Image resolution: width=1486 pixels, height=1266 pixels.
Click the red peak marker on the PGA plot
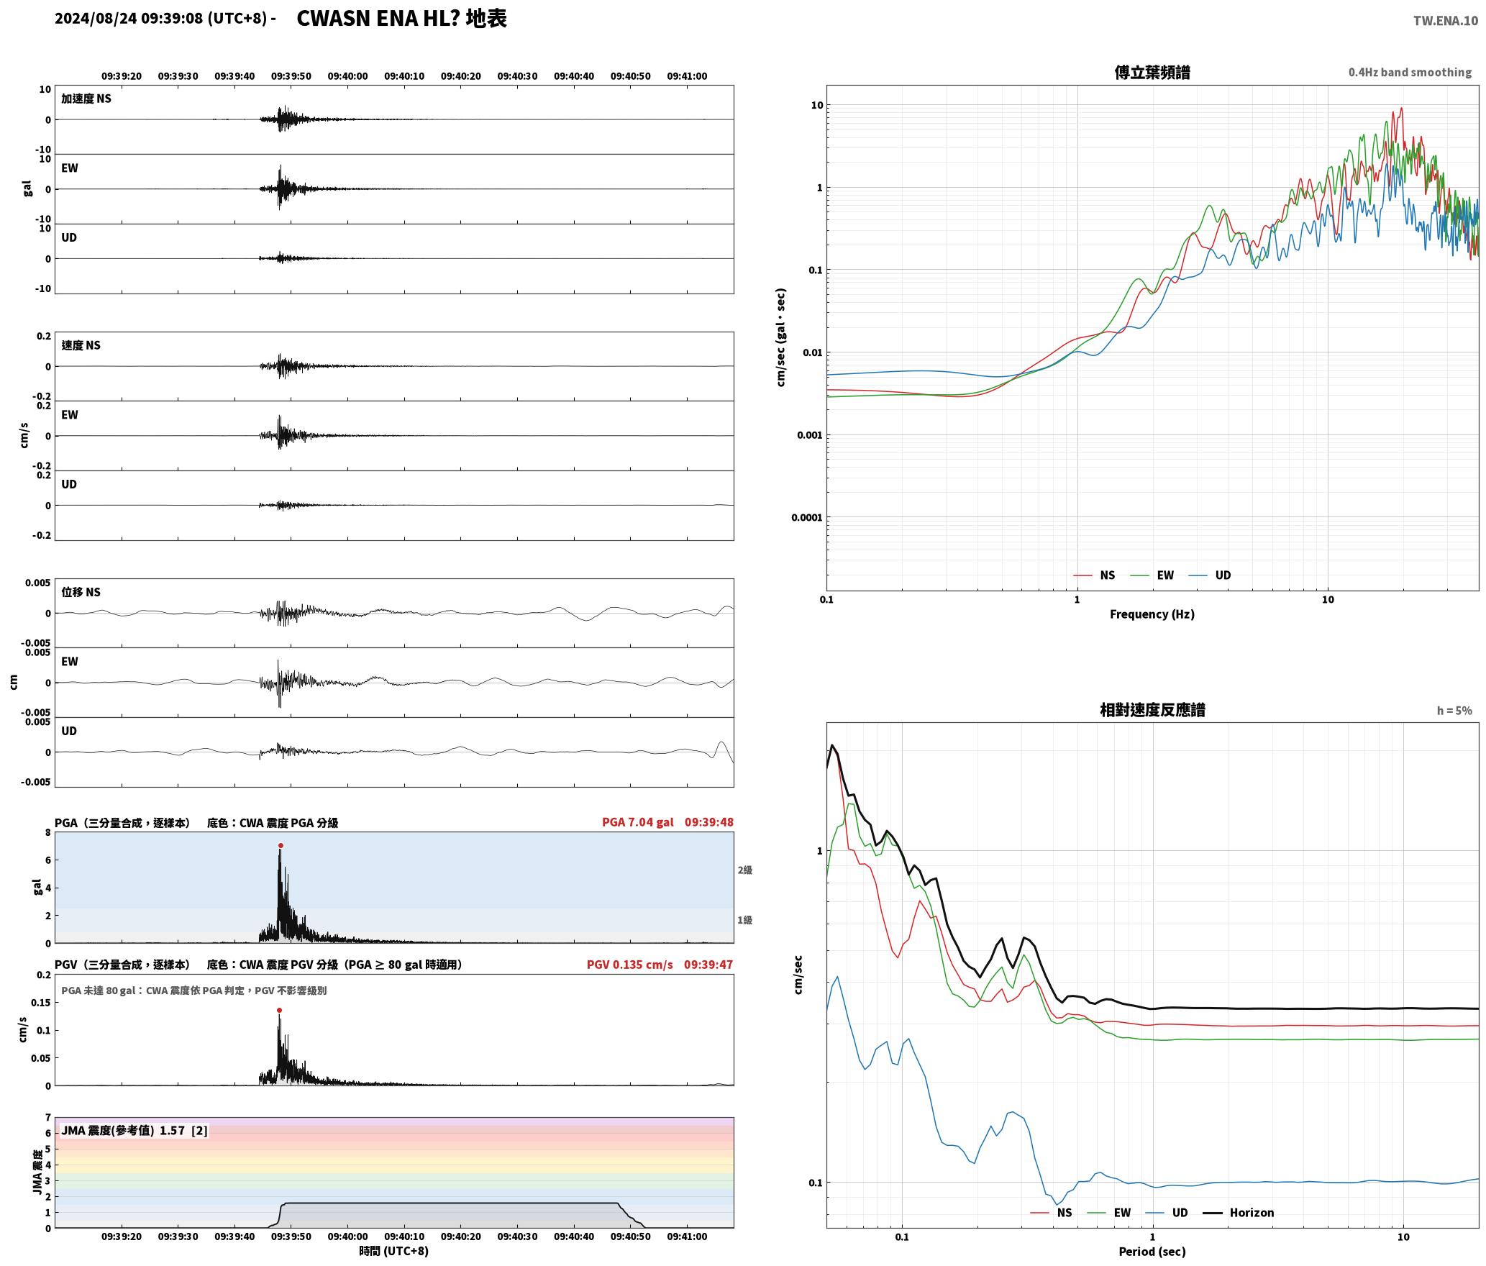(281, 845)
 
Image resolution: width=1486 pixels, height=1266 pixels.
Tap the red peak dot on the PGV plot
(279, 1010)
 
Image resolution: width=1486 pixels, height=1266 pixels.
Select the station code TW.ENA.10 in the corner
(1446, 21)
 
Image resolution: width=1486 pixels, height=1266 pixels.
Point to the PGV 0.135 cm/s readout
(629, 965)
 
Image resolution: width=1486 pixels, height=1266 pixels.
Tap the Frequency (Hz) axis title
(1152, 614)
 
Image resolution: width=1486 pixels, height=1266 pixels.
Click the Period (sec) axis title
(1152, 1252)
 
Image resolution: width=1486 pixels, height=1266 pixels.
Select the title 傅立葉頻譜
(1152, 72)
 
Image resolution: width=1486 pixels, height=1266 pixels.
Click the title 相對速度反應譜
(1152, 710)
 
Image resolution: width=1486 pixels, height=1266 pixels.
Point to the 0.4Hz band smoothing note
(1410, 72)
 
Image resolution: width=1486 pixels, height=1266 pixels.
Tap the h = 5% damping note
(1454, 711)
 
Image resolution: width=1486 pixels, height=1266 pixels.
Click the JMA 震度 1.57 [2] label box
(135, 1130)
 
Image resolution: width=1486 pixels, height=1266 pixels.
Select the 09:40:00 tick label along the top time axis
(347, 76)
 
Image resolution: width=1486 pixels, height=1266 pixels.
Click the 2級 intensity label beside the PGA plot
(744, 870)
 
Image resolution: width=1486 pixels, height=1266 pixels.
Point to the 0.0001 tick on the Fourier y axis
(806, 517)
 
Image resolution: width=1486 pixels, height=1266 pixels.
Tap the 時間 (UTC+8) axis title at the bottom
(393, 1251)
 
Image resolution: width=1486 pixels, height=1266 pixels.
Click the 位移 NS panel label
(81, 592)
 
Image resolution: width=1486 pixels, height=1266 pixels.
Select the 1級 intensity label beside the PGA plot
(744, 920)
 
